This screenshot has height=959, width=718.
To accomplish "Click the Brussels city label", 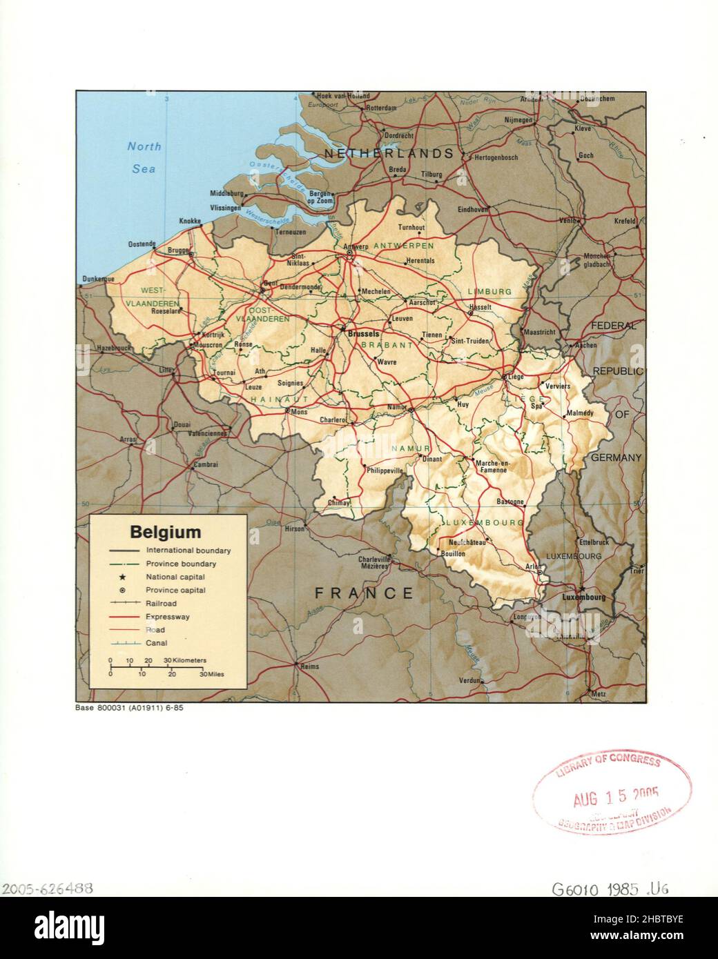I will coord(364,333).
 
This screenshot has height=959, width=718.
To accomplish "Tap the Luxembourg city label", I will coord(584,597).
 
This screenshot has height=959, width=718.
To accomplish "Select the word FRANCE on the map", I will coord(364,593).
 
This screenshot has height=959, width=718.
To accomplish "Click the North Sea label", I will coord(144,157).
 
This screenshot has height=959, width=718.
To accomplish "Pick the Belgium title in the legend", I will coord(166,532).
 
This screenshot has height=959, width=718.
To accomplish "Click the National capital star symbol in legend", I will coord(122,577).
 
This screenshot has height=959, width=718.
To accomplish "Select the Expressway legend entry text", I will coord(167,617).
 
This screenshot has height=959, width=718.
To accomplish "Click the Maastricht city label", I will coord(539,332).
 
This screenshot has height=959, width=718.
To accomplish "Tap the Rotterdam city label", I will coord(380,108).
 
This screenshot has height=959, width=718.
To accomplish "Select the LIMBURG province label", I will coord(489,292).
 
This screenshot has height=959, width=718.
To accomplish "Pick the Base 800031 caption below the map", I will coord(128,708).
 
